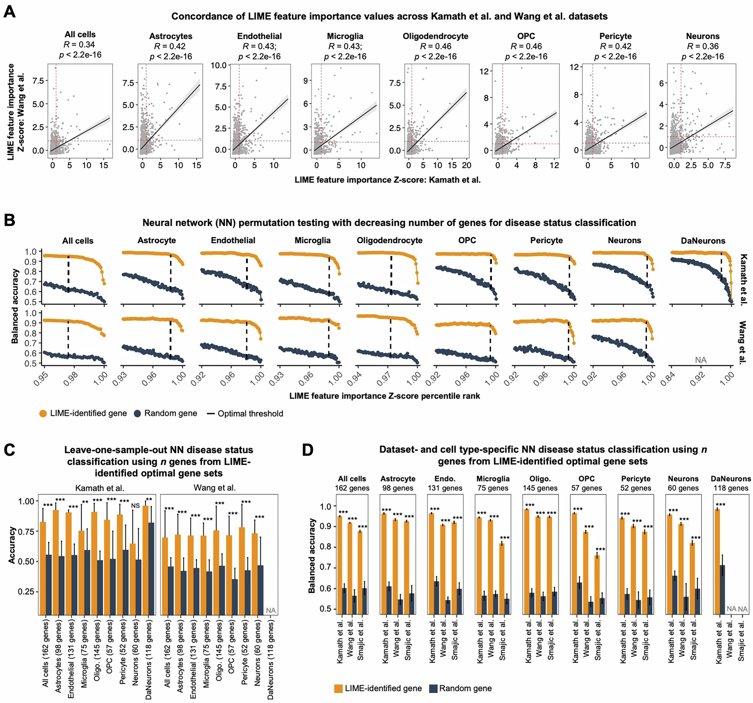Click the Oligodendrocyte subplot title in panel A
point(435,37)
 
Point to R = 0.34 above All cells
point(79,45)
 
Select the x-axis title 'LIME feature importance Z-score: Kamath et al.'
point(387,180)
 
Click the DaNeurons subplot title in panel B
point(703,241)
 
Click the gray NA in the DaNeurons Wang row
point(701,360)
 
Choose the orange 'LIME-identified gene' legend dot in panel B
point(43,413)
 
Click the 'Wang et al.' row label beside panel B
point(742,342)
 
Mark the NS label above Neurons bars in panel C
point(135,516)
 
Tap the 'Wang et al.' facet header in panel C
point(215,488)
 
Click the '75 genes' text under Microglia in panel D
point(492,488)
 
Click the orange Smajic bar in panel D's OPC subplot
point(597,585)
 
